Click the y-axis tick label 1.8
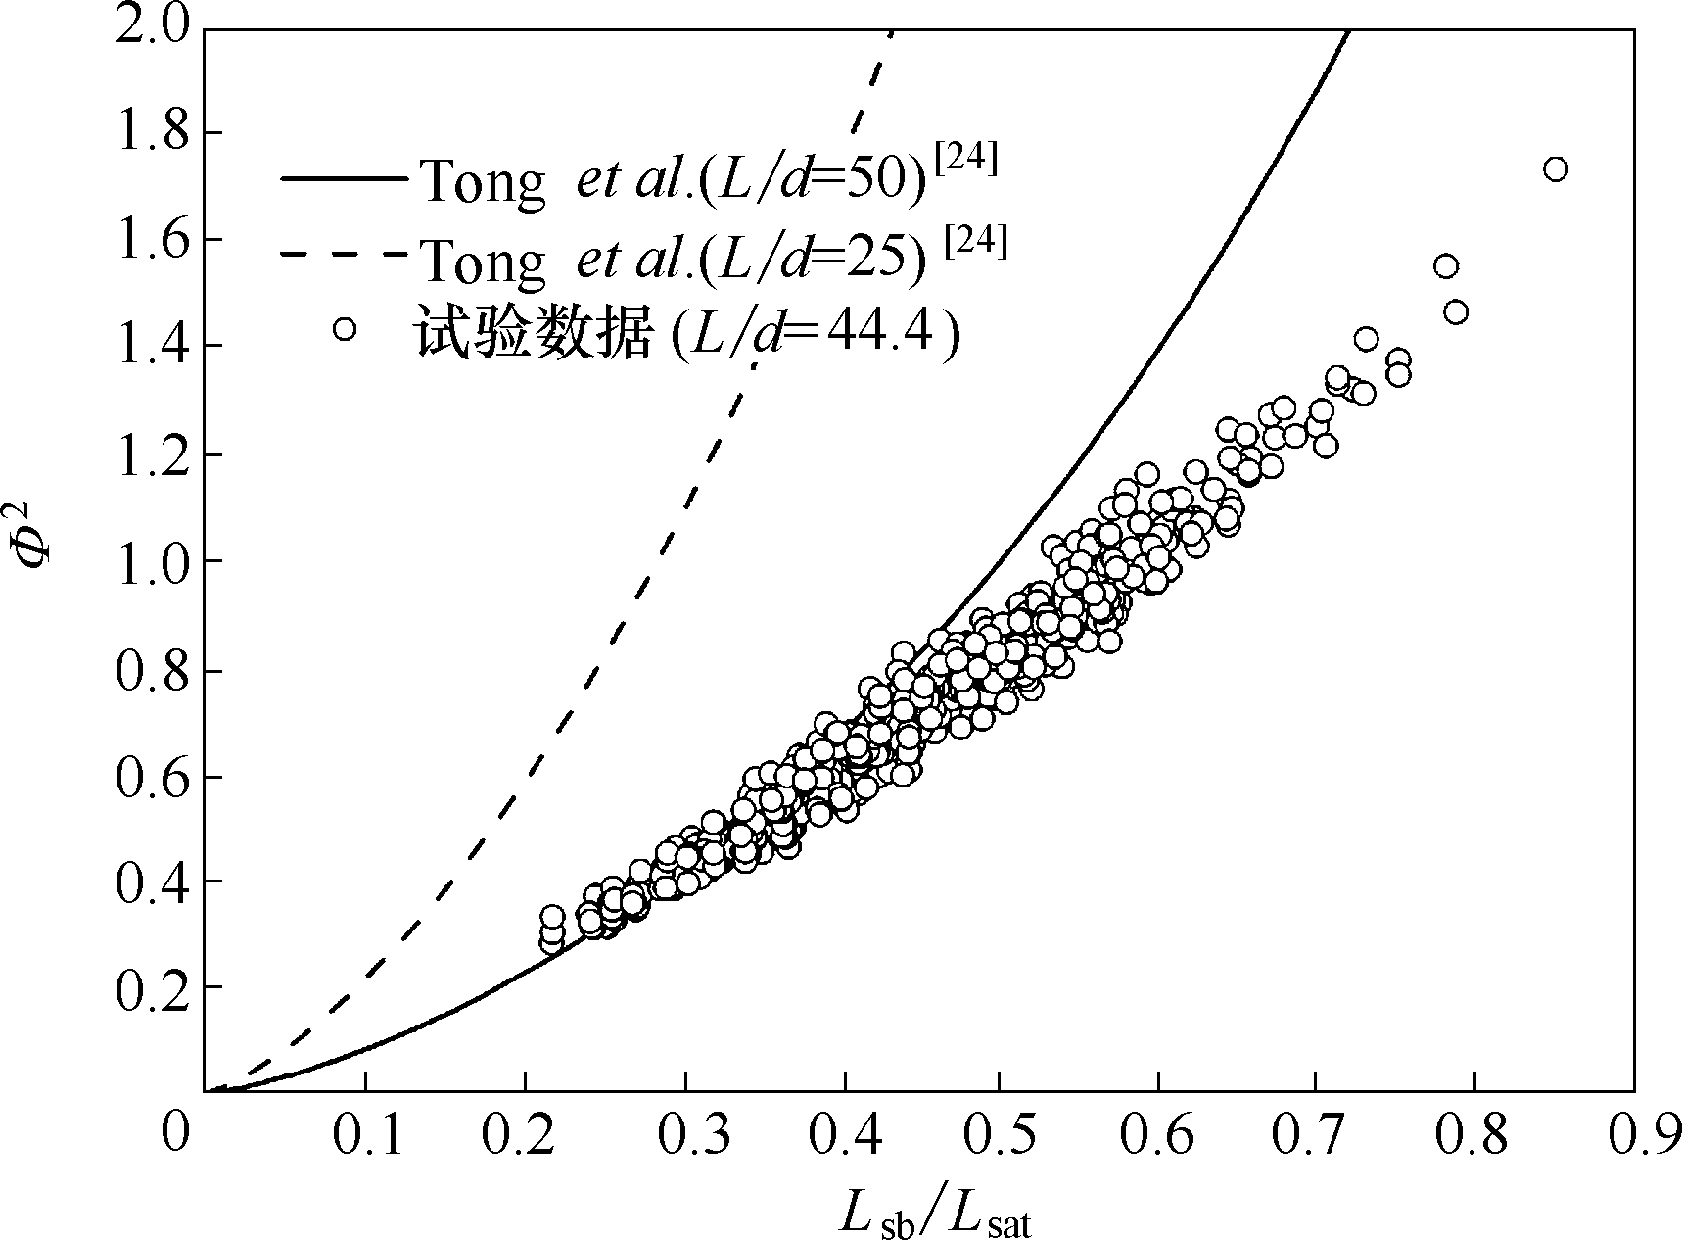pos(152,134)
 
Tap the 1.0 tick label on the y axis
pos(152,562)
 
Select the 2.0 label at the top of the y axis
pos(152,27)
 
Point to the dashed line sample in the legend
pos(343,254)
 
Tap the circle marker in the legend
pos(344,329)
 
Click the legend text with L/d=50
pos(672,182)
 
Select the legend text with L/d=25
pos(672,258)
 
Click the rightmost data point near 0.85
pos(1556,169)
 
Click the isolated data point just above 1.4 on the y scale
pos(1366,340)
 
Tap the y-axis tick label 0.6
pos(152,777)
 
